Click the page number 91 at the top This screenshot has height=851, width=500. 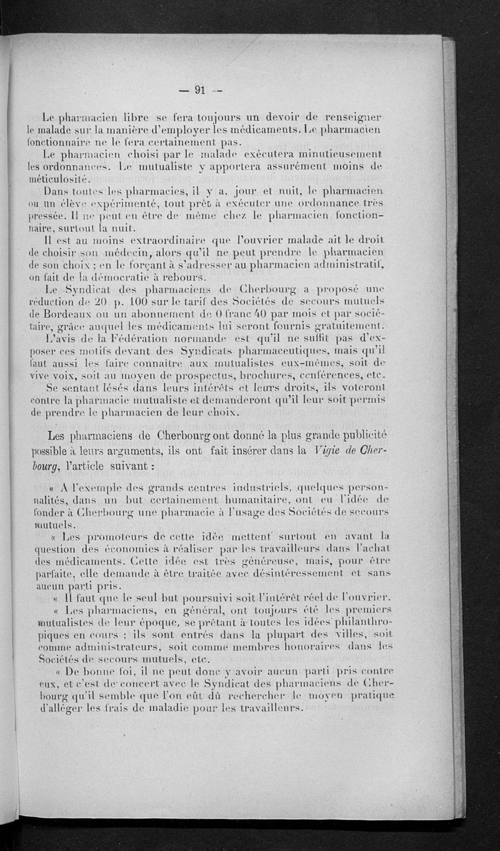click(x=201, y=89)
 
